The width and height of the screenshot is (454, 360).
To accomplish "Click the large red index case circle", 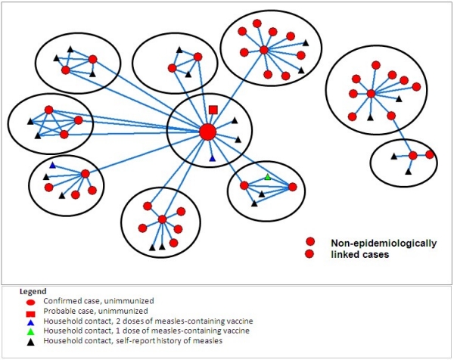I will pos(207,132).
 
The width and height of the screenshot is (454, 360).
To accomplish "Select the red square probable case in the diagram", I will pos(213,110).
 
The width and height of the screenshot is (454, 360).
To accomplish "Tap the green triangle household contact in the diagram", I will pos(267,177).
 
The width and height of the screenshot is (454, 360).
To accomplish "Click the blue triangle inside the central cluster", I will pos(213,158).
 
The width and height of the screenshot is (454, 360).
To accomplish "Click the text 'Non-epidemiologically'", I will pos(384,243).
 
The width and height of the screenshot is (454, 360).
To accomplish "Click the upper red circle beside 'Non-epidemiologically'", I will pos(309,242).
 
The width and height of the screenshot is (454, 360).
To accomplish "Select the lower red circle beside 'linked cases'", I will pos(309,254).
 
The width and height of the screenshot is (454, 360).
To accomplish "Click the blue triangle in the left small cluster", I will pos(52,165).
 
